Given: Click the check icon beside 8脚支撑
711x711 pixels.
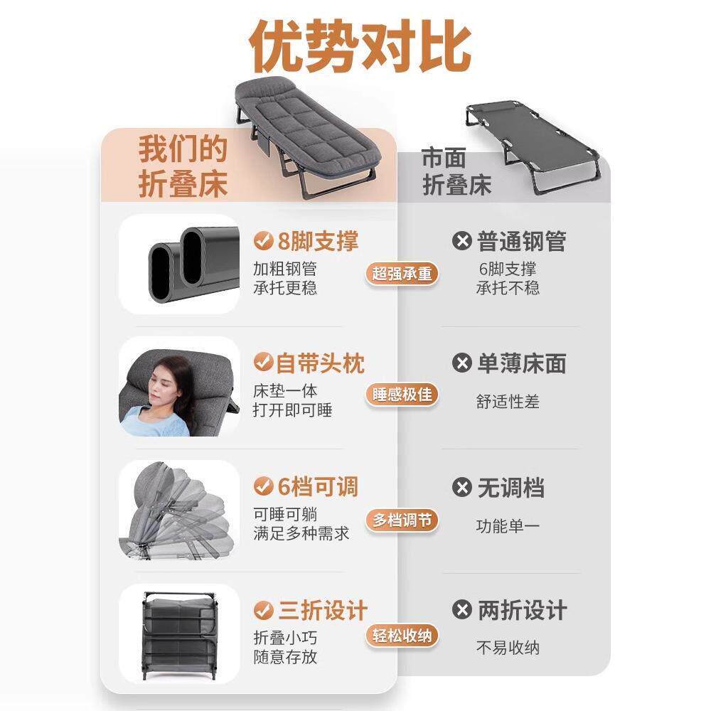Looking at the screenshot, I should coord(264,242).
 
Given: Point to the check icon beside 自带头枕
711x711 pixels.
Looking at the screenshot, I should coord(264,364).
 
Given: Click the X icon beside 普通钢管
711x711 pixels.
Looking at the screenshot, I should coord(462,242).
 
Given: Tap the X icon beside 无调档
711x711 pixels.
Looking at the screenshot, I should coord(462,488).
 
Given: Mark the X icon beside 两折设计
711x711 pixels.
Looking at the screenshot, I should coord(462,610).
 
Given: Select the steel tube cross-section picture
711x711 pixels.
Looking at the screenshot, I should coord(179,264).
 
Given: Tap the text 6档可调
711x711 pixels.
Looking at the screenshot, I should coord(315,488).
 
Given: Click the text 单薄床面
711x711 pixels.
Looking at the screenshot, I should coord(521,364).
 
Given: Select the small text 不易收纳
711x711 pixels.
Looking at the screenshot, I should coord(508,648).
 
